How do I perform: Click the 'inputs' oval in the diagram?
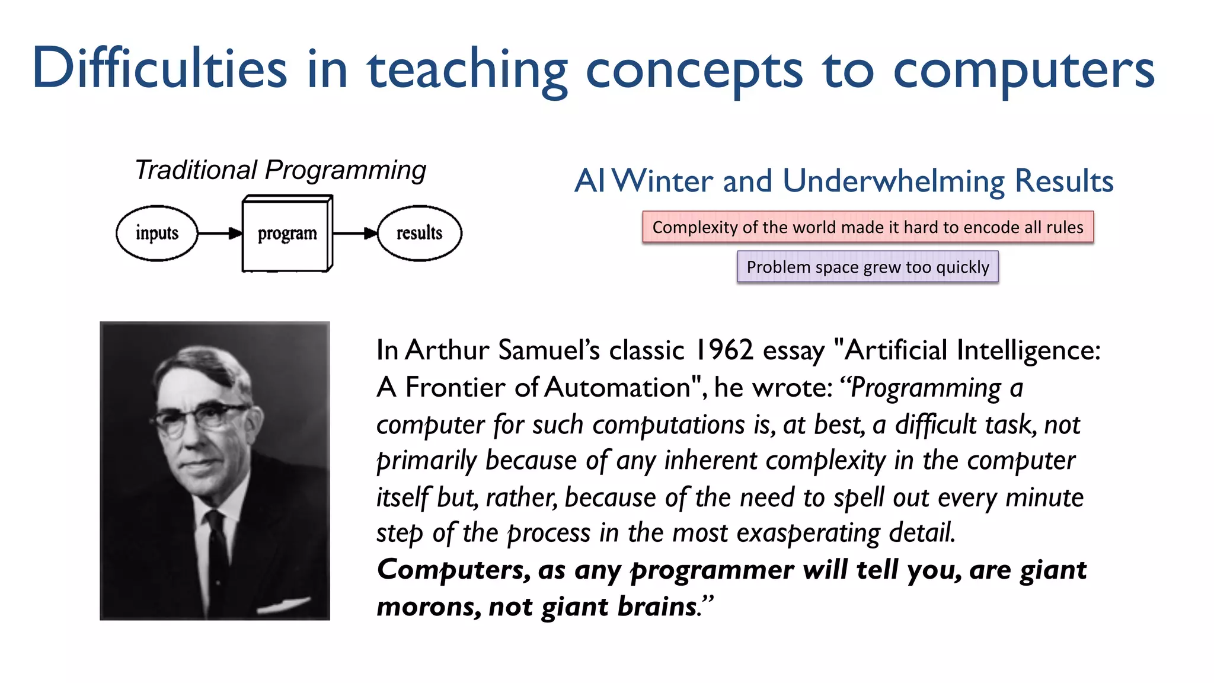(x=156, y=233)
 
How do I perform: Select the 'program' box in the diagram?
(x=287, y=234)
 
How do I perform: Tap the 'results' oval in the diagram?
(x=419, y=233)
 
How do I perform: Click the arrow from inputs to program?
(x=220, y=233)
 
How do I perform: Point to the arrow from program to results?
(x=354, y=233)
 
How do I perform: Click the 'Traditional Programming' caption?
(x=280, y=170)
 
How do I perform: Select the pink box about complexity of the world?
(x=867, y=227)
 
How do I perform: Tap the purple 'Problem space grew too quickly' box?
(x=867, y=267)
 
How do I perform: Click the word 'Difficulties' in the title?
(x=160, y=69)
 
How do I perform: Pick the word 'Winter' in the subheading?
(x=662, y=181)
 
